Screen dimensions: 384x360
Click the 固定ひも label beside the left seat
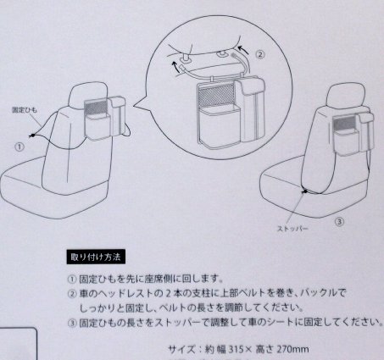point(25,109)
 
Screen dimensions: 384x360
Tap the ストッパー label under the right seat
point(292,229)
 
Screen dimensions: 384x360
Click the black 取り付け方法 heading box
point(96,257)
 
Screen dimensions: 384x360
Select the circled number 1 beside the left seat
point(19,147)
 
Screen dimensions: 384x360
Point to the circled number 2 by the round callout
point(260,54)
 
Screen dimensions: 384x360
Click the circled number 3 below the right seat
point(339,222)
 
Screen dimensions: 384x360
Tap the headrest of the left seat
point(88,95)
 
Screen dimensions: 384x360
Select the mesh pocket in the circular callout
point(217,97)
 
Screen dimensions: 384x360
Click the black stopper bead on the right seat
point(305,191)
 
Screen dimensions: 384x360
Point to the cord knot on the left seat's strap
point(33,136)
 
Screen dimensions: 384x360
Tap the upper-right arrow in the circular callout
point(243,50)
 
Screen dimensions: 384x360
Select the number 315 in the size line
point(237,350)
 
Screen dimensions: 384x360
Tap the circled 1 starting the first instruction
point(72,280)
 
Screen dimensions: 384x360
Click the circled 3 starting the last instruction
point(72,323)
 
